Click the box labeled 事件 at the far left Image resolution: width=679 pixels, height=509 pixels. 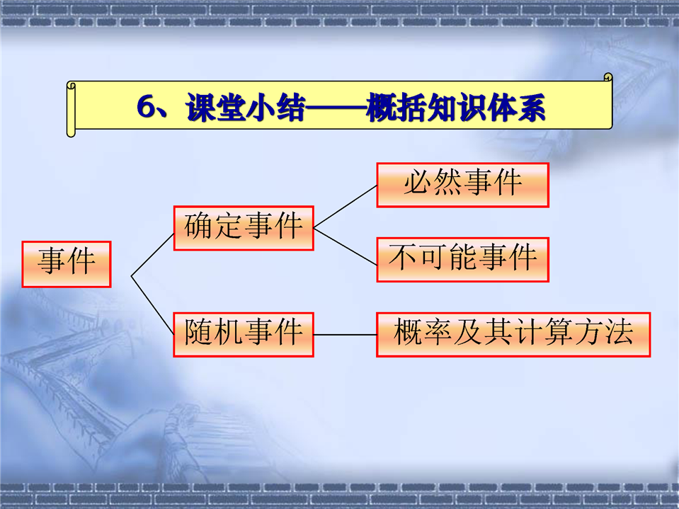click(67, 264)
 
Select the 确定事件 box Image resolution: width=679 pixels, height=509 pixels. click(244, 228)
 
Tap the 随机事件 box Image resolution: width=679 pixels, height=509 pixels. click(244, 335)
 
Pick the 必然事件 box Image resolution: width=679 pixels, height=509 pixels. click(463, 185)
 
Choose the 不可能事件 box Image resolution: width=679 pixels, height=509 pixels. click(463, 260)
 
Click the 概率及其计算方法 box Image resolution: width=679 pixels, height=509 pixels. click(513, 335)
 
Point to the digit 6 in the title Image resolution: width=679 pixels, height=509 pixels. click(146, 106)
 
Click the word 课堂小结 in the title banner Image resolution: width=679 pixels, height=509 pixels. click(246, 107)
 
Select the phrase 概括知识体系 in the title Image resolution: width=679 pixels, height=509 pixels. click(455, 107)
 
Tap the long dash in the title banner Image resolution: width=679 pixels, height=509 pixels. click(336, 107)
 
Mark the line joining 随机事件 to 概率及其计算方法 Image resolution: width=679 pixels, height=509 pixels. click(345, 335)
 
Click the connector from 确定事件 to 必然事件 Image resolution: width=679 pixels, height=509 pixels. click(345, 207)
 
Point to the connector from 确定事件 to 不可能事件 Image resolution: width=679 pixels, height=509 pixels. click(345, 246)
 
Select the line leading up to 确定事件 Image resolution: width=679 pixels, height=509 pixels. click(152, 255)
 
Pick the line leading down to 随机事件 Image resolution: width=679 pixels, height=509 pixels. click(152, 305)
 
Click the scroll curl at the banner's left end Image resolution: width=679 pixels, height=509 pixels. click(72, 109)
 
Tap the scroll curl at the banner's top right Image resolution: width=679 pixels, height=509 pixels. click(608, 77)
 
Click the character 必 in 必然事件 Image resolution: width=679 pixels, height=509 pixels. click(418, 182)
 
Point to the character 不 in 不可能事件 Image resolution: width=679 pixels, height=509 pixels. click(403, 257)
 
